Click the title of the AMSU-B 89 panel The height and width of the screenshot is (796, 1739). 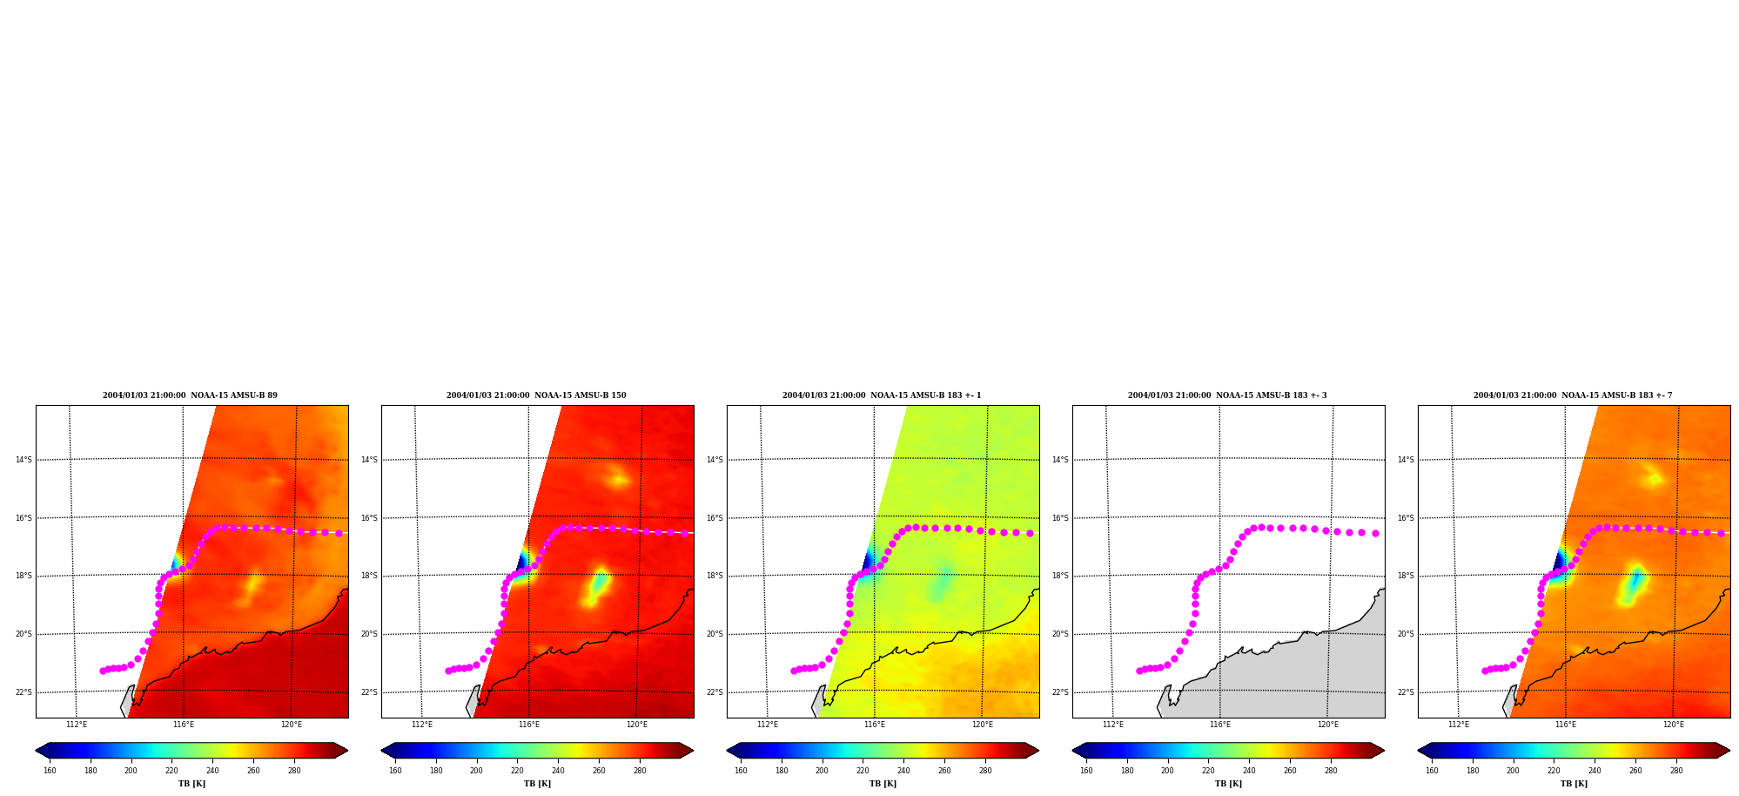click(x=190, y=395)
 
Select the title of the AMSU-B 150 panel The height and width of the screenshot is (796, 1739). click(x=536, y=395)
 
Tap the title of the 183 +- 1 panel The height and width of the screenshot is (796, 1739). click(x=882, y=395)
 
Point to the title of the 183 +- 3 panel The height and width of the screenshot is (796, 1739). click(x=1227, y=395)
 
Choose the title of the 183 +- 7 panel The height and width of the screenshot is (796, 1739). click(x=1573, y=395)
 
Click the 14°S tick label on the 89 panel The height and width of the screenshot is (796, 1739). click(x=23, y=460)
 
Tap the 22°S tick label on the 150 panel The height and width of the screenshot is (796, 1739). click(x=369, y=692)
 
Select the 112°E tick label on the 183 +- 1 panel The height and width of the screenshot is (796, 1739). click(x=767, y=725)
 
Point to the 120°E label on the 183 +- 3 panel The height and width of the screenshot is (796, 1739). click(x=1328, y=725)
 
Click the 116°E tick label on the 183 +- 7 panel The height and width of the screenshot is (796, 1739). click(x=1566, y=725)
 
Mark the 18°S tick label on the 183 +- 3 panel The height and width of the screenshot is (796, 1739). click(x=1060, y=576)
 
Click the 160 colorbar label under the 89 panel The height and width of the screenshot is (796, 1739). click(x=50, y=771)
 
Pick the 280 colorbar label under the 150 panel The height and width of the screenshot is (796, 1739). click(x=640, y=771)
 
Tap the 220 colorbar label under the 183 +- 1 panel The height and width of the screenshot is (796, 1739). click(x=863, y=771)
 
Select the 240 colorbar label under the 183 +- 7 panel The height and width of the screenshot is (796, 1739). click(x=1595, y=771)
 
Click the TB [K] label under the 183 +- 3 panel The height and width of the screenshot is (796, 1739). click(x=1228, y=784)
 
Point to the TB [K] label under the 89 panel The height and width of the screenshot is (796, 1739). click(x=191, y=784)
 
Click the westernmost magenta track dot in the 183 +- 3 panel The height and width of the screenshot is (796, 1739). click(x=1139, y=671)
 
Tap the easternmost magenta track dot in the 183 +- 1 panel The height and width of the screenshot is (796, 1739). click(x=1030, y=533)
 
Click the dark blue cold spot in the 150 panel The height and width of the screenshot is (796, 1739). click(x=523, y=563)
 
